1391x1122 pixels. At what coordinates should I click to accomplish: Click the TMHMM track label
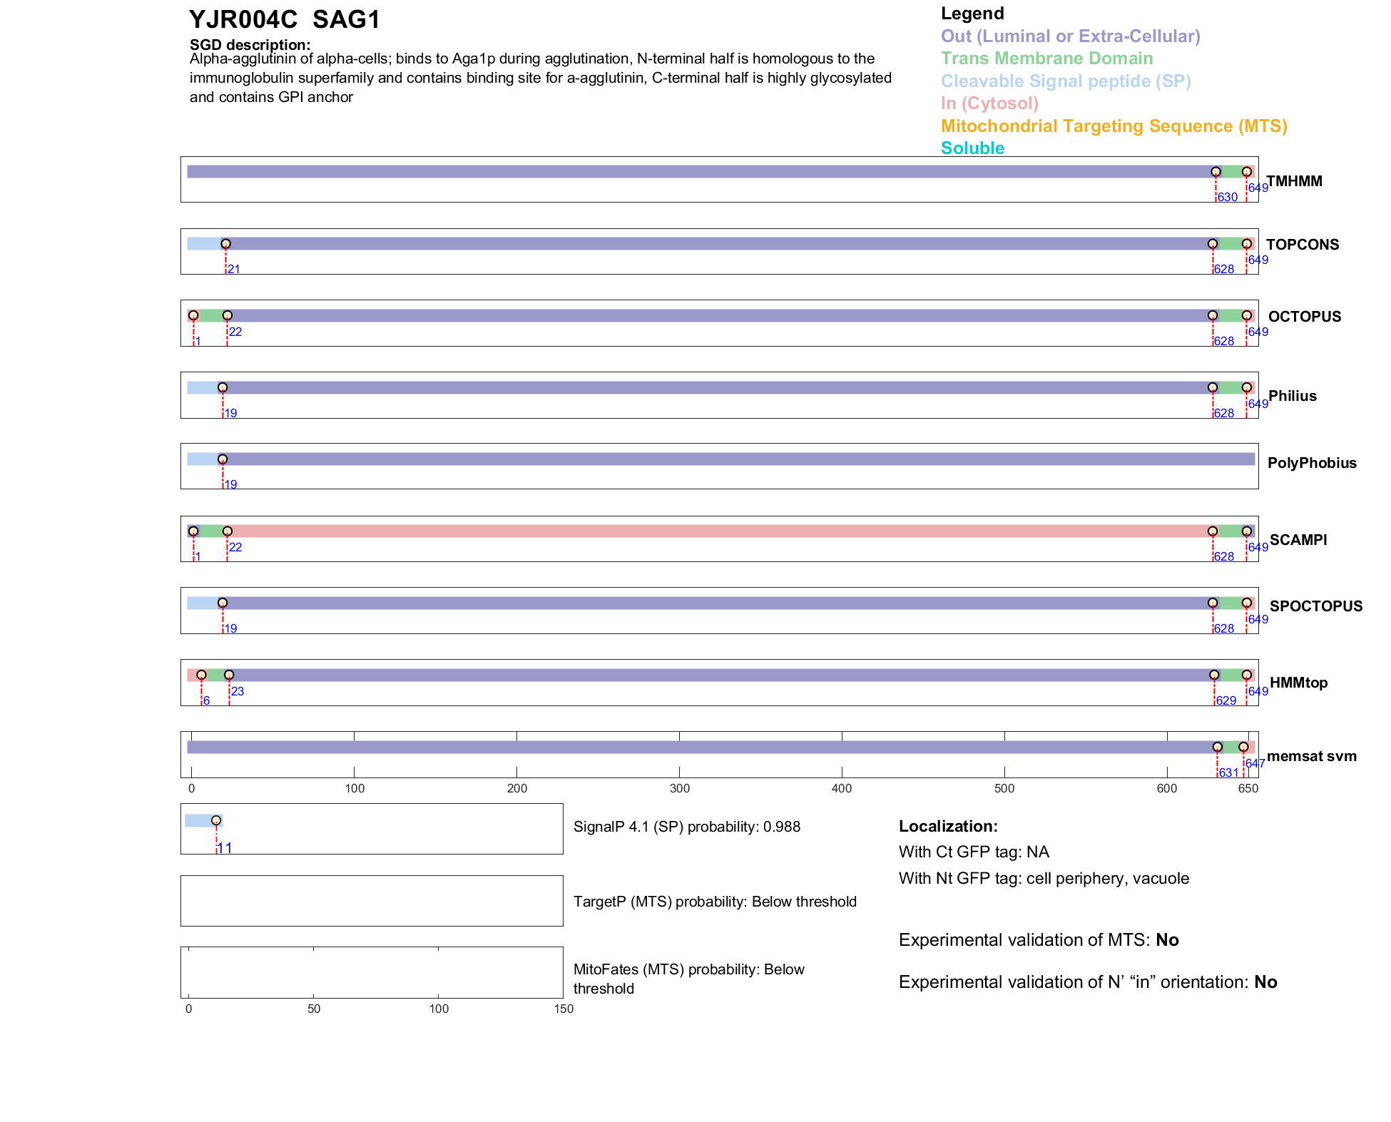tap(1294, 181)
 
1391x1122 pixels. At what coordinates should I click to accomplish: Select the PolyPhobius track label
tap(1311, 463)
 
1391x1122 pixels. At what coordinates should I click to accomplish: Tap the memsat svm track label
tap(1311, 756)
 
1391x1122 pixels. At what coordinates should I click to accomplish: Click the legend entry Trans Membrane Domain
tap(1046, 58)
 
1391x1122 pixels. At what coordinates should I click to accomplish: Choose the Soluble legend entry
tap(972, 148)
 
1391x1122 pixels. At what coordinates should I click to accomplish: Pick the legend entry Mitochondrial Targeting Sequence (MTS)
tap(1114, 126)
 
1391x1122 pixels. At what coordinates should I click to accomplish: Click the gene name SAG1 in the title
tap(346, 19)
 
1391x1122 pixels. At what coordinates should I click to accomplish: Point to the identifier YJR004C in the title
tap(243, 19)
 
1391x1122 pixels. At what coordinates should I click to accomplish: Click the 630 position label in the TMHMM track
tap(1227, 198)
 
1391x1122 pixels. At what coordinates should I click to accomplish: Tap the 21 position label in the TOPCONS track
tap(234, 270)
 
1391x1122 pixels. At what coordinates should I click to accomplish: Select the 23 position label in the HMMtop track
tap(238, 692)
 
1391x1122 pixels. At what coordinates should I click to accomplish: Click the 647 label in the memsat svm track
tap(1255, 764)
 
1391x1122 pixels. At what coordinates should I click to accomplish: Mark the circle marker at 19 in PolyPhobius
tap(223, 459)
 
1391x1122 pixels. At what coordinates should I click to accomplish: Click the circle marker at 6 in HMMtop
tap(202, 675)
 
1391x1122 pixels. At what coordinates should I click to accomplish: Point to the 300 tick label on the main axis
tap(680, 789)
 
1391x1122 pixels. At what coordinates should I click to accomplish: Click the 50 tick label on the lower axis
tap(314, 1009)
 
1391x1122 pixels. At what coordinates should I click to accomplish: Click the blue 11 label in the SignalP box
tap(225, 848)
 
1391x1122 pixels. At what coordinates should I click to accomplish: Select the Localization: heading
tap(948, 827)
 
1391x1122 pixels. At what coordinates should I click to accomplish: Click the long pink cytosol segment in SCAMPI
tap(713, 531)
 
